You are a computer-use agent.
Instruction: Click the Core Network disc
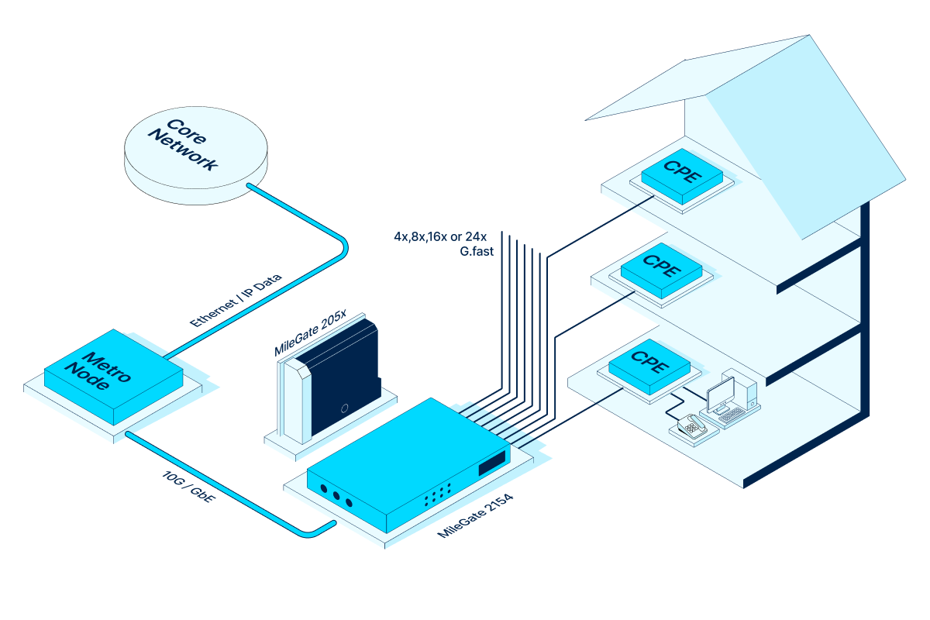pos(196,155)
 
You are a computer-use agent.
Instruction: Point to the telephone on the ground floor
pos(690,425)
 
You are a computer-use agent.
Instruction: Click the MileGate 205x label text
pos(310,333)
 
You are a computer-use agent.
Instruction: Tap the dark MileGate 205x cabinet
pos(341,380)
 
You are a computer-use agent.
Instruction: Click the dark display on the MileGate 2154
pos(491,464)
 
